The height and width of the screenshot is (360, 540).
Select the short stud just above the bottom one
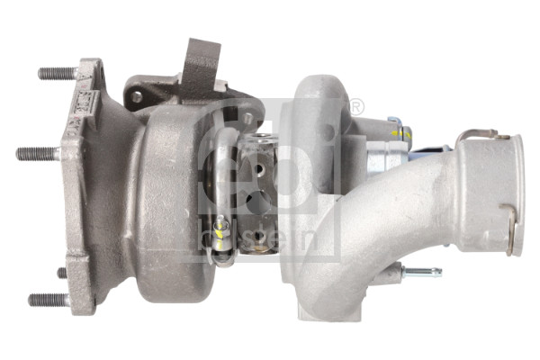[62, 272]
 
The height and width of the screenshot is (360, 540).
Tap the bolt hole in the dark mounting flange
[137, 96]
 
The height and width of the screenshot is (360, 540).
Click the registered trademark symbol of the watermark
[355, 108]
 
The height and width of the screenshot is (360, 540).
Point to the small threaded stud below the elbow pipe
[421, 271]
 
